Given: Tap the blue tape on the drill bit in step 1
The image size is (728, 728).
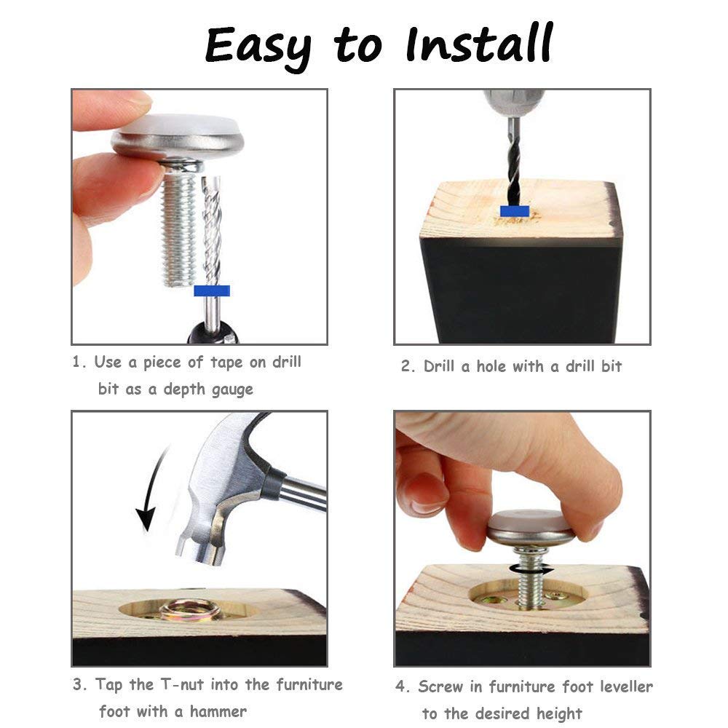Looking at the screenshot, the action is click(x=212, y=291).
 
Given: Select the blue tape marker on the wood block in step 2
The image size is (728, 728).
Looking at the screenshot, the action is click(x=515, y=212).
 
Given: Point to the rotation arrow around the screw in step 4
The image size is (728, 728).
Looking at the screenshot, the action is click(x=531, y=569).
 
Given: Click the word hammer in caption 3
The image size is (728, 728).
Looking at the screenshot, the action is click(x=218, y=711).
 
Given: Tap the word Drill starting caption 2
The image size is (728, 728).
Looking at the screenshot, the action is click(x=439, y=366).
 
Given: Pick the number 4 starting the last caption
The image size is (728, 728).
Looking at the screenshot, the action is click(x=400, y=687).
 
